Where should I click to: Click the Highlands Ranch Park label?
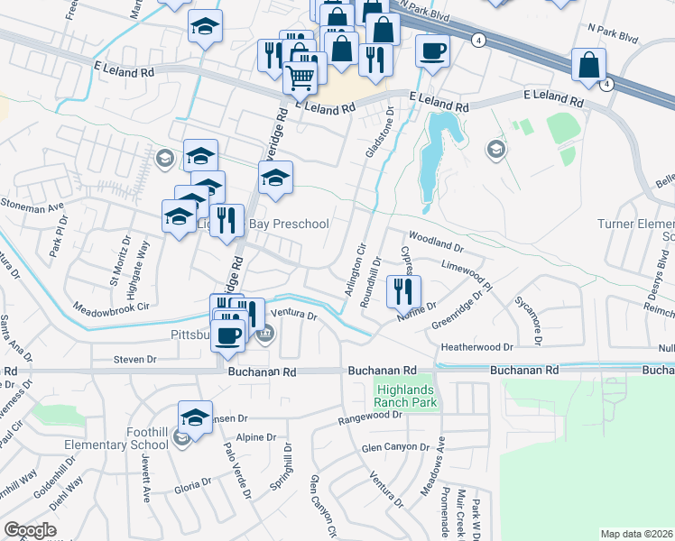click(405, 394)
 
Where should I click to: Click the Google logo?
click(30, 530)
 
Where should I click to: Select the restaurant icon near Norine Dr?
click(403, 290)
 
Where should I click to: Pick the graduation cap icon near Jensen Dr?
click(195, 417)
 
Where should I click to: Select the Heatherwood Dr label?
click(476, 346)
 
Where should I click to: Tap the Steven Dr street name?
click(135, 359)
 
